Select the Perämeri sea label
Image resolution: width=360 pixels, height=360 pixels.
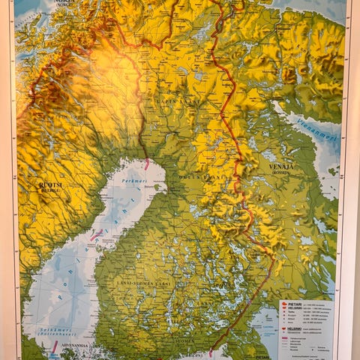pos(134,181)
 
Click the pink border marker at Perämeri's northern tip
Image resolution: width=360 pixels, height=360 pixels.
pos(147,163)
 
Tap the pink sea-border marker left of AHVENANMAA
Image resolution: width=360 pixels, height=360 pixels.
pos(54,346)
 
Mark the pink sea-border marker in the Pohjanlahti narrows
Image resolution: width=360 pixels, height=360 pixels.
pos(96,235)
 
